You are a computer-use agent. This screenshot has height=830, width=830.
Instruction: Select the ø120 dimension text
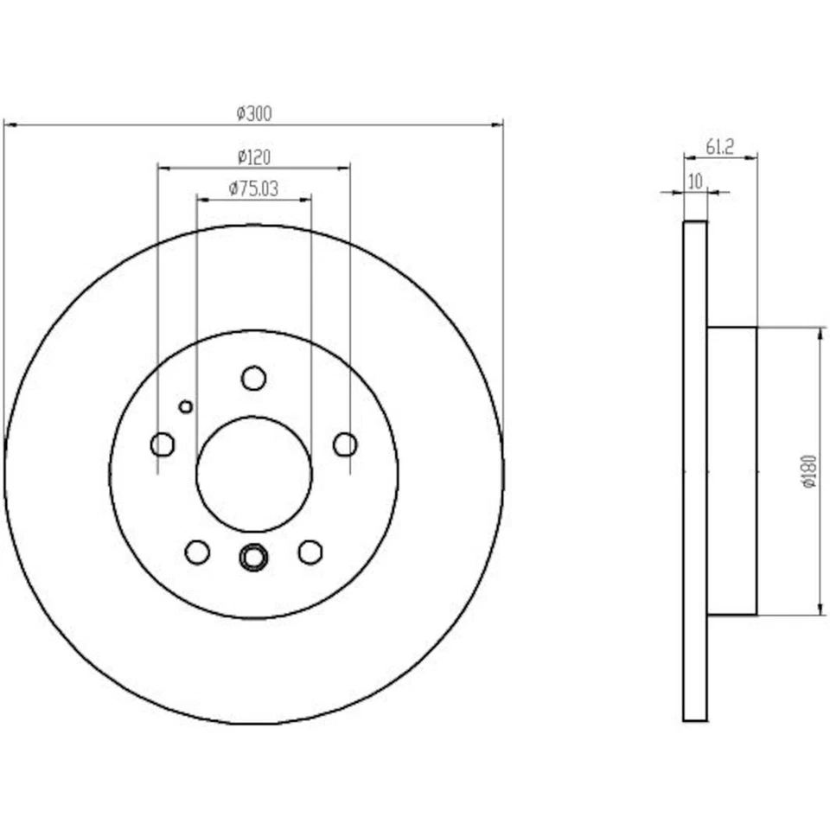click(253, 156)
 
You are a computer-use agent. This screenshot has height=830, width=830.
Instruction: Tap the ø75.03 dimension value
click(253, 188)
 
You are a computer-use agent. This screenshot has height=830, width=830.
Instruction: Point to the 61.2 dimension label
click(719, 146)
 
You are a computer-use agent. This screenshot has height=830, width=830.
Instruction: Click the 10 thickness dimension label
click(694, 181)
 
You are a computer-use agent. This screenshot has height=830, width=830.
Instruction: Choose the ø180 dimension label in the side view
click(808, 471)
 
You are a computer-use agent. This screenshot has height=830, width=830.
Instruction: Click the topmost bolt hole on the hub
click(253, 378)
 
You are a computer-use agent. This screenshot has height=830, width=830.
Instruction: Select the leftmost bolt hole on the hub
click(162, 444)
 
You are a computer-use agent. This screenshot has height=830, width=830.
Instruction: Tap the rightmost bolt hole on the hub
click(345, 444)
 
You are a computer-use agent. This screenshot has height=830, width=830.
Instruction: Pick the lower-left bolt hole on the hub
click(197, 552)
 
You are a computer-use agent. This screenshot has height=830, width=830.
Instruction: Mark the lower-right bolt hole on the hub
click(310, 552)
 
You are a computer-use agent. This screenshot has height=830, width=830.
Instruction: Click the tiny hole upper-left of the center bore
click(185, 405)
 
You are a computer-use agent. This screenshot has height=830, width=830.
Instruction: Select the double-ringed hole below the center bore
click(252, 558)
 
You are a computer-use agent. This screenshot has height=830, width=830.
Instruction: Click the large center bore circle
click(253, 474)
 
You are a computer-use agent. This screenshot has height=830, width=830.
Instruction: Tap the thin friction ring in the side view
click(695, 471)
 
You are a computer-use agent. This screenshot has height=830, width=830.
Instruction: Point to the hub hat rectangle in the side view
click(731, 471)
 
